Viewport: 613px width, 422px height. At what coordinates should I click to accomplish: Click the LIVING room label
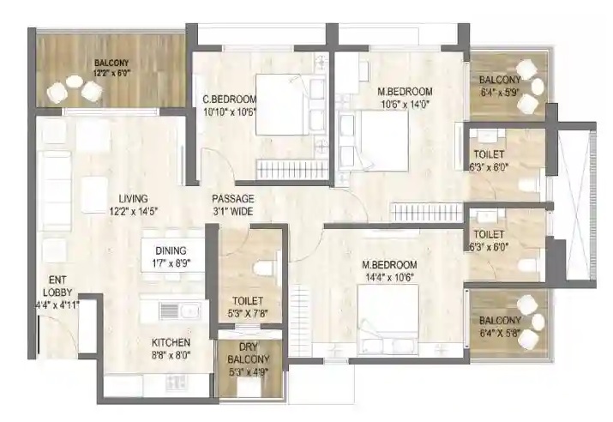133,198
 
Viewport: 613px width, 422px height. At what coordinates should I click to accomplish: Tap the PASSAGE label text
233,199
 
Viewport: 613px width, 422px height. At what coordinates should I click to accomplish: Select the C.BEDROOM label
230,99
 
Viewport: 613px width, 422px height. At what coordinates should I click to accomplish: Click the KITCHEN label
171,342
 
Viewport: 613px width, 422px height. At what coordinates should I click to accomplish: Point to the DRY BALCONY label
249,353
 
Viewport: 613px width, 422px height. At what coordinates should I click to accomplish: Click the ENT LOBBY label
57,286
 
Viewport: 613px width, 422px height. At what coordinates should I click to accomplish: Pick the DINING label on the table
171,250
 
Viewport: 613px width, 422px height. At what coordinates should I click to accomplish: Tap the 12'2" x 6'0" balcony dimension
111,73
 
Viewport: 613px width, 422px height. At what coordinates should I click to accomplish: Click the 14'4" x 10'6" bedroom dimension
389,277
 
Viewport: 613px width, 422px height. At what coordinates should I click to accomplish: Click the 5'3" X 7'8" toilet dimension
248,314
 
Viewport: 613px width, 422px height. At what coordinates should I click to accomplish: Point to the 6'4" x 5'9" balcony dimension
500,93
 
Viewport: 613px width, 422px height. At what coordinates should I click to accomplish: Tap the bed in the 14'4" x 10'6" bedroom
388,316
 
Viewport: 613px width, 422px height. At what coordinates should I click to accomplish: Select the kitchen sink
190,311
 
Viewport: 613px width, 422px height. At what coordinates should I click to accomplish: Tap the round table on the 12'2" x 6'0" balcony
75,81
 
